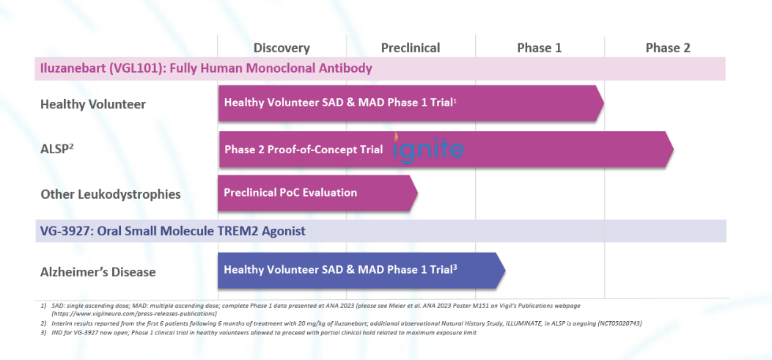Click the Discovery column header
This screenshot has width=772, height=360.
(282, 48)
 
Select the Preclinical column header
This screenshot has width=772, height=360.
(411, 48)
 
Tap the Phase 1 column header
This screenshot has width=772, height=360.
(539, 48)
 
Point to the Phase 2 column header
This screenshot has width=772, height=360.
(668, 48)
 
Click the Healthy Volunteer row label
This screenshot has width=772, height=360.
(93, 104)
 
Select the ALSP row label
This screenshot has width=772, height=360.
(56, 149)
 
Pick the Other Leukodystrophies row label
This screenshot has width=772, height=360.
(111, 194)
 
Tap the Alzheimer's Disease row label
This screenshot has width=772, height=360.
(98, 272)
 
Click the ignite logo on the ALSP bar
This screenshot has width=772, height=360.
(428, 148)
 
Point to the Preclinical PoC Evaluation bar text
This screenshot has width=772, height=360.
(290, 192)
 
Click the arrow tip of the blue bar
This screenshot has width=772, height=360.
(505, 271)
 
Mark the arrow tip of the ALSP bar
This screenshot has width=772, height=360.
(673, 150)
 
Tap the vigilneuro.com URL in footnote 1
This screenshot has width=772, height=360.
(134, 313)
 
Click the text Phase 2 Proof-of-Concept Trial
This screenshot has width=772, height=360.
(304, 150)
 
